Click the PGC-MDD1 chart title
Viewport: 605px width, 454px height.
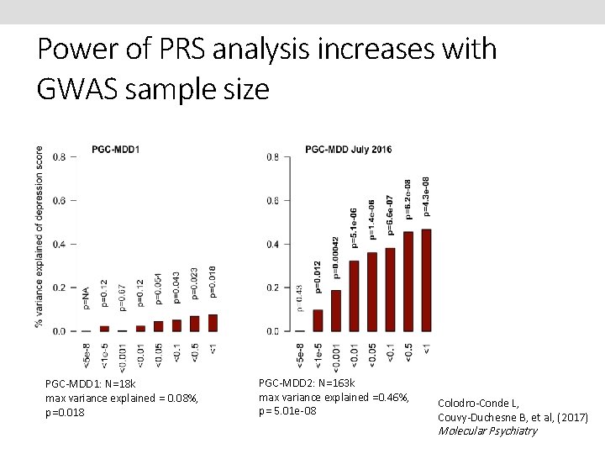pos(116,150)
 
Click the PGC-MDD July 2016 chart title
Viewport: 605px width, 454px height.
pos(349,150)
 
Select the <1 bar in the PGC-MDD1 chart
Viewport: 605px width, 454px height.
pos(213,323)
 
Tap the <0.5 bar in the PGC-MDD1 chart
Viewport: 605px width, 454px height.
pos(194,324)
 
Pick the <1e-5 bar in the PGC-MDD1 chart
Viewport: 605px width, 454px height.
pos(104,329)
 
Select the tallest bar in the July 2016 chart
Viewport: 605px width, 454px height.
pos(426,280)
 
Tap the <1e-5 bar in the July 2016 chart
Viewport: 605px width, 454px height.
pos(318,320)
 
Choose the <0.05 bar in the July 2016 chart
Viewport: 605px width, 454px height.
pos(371,292)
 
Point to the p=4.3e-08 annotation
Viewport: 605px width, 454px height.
pos(427,196)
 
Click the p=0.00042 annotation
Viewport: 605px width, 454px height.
pos(336,256)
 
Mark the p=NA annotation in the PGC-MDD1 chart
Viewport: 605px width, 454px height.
pos(86,298)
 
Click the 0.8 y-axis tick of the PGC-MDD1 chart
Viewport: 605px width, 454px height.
pos(60,157)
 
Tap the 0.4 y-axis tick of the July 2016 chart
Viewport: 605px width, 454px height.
pos(273,244)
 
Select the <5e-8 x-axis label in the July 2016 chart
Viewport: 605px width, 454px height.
pos(300,356)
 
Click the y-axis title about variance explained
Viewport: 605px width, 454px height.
pos(39,237)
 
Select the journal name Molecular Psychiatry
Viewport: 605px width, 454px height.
pos(487,431)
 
